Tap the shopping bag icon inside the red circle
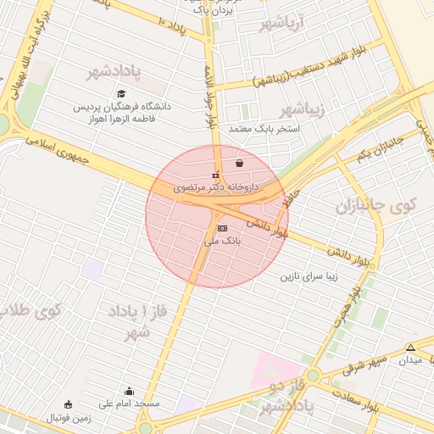tap(240, 163)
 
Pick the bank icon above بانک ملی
tap(222, 229)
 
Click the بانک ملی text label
tap(223, 241)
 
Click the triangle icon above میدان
tap(410, 348)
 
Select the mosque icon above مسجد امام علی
tap(129, 392)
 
